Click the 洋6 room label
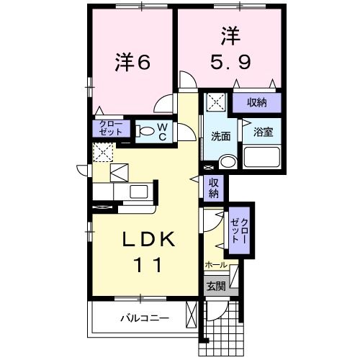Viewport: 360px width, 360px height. coord(132,63)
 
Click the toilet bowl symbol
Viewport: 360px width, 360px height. coord(145,132)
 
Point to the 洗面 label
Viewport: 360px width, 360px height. coord(221,136)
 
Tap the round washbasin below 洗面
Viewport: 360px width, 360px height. coord(227,161)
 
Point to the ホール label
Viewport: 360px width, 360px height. coord(216,265)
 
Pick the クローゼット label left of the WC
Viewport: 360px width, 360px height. coord(112,129)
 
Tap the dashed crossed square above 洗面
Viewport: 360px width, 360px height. coord(215,102)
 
